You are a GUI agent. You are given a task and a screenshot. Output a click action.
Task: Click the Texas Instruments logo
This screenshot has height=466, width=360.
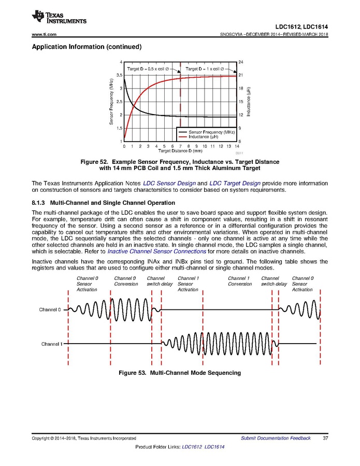pos(59,17)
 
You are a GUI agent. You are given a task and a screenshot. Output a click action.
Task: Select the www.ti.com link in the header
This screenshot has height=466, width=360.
pos(44,34)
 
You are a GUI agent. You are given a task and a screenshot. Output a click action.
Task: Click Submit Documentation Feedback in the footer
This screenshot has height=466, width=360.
pos(276,438)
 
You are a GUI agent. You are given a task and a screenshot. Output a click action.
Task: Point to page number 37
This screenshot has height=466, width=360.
pos(326,438)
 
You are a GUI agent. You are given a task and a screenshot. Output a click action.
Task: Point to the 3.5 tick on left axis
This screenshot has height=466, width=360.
pos(119,75)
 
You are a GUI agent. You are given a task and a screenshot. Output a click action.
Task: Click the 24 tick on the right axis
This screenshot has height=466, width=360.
pos(240,62)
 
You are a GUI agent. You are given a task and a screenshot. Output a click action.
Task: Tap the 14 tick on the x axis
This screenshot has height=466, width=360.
pos(237,146)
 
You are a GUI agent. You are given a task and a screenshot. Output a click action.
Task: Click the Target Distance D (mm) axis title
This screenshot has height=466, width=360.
pos(180,151)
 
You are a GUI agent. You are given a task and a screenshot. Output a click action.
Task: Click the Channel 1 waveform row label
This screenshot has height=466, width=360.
pos(51,344)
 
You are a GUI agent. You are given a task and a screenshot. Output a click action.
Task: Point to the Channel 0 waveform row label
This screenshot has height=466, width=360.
pos(50,309)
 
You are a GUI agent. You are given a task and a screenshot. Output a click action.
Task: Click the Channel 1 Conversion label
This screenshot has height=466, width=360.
pos(240,281)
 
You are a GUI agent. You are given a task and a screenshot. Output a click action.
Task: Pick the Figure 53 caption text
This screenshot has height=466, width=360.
pos(180,373)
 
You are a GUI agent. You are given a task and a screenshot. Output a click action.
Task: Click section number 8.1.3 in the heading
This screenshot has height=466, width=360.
pos(40,202)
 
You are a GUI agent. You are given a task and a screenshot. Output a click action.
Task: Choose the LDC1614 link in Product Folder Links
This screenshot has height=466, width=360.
pos(214,447)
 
